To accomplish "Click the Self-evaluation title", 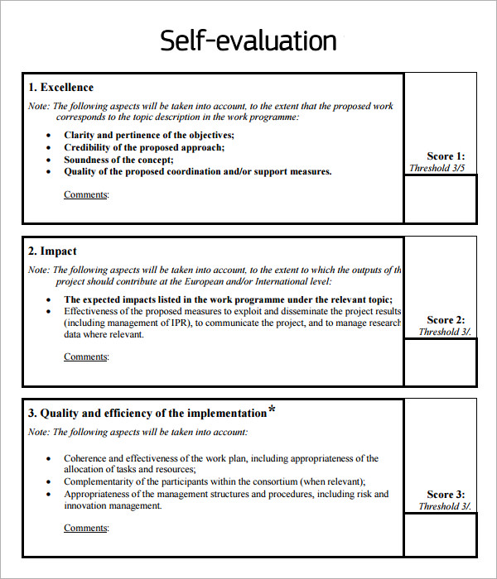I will click(248, 41).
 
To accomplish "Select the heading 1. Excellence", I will click(60, 88).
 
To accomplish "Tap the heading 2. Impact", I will click(52, 251).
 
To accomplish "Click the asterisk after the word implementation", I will click(272, 410).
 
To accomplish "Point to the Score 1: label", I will click(446, 156).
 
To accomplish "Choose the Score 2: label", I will click(446, 320).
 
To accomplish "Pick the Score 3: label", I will click(446, 495).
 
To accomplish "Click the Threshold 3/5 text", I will click(437, 168).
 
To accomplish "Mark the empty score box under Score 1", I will click(440, 199).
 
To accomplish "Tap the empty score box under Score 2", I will click(440, 362).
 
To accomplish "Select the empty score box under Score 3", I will click(440, 535).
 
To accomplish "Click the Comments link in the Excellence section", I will click(86, 195).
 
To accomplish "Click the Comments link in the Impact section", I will click(86, 357).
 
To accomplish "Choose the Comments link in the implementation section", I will click(86, 528).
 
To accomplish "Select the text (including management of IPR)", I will click(129, 323).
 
